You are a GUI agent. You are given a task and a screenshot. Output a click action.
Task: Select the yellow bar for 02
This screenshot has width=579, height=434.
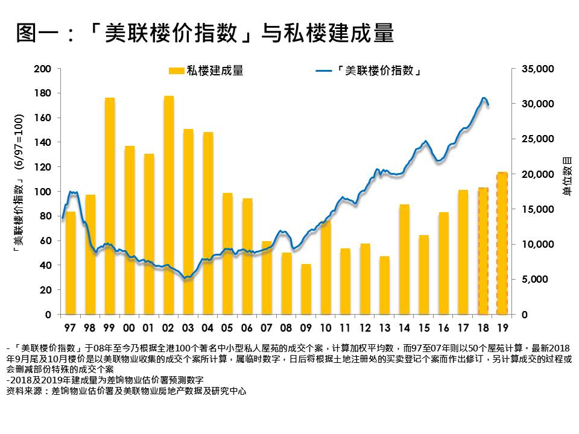[x=168, y=205]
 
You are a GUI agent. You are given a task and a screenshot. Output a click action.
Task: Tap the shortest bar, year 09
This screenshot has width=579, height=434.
[x=306, y=289]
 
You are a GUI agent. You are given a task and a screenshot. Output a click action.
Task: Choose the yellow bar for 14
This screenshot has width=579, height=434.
[x=404, y=259]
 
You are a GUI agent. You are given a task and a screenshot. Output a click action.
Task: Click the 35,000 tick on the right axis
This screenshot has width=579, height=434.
[x=536, y=69]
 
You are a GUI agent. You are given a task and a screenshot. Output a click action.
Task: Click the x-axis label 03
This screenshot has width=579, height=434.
[x=188, y=328]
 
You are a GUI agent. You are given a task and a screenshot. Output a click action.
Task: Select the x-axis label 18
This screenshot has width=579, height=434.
[x=482, y=328]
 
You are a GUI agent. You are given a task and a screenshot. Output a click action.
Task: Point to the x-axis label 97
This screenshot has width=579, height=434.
[x=70, y=328]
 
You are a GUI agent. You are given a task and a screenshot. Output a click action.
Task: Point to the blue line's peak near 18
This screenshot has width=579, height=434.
[x=484, y=98]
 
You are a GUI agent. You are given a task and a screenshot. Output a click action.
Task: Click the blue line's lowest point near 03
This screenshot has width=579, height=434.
[x=187, y=278]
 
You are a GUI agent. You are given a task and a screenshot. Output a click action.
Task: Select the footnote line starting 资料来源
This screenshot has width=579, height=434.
[x=126, y=391]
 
